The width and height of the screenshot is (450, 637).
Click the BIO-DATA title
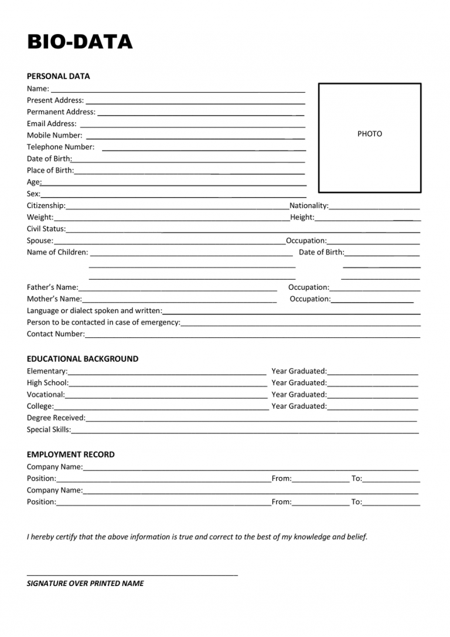tap(80, 42)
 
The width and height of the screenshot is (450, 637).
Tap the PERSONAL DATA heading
tap(58, 76)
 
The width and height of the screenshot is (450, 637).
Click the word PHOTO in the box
tap(369, 134)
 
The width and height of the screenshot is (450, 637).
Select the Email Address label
tap(52, 124)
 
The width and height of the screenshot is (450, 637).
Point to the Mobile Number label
tap(54, 135)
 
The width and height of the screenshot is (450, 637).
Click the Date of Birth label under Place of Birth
tap(49, 159)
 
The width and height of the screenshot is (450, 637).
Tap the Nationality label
tap(309, 206)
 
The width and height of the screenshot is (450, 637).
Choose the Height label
tap(302, 218)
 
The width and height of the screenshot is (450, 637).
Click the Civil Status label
tap(46, 229)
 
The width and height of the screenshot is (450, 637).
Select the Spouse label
tap(40, 241)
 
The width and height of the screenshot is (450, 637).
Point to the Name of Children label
tap(57, 253)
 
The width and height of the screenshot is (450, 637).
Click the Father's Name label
tap(52, 287)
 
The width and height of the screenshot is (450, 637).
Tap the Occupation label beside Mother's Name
tap(310, 299)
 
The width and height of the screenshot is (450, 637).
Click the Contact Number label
tap(56, 334)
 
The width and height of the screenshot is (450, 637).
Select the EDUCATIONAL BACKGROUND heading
tap(83, 359)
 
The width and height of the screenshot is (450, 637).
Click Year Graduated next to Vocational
tap(299, 395)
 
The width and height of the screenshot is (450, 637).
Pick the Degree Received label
tap(56, 418)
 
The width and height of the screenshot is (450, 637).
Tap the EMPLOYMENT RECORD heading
tap(70, 455)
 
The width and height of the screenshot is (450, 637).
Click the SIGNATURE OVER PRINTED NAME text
tap(85, 584)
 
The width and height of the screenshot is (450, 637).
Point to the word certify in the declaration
tap(62, 537)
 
